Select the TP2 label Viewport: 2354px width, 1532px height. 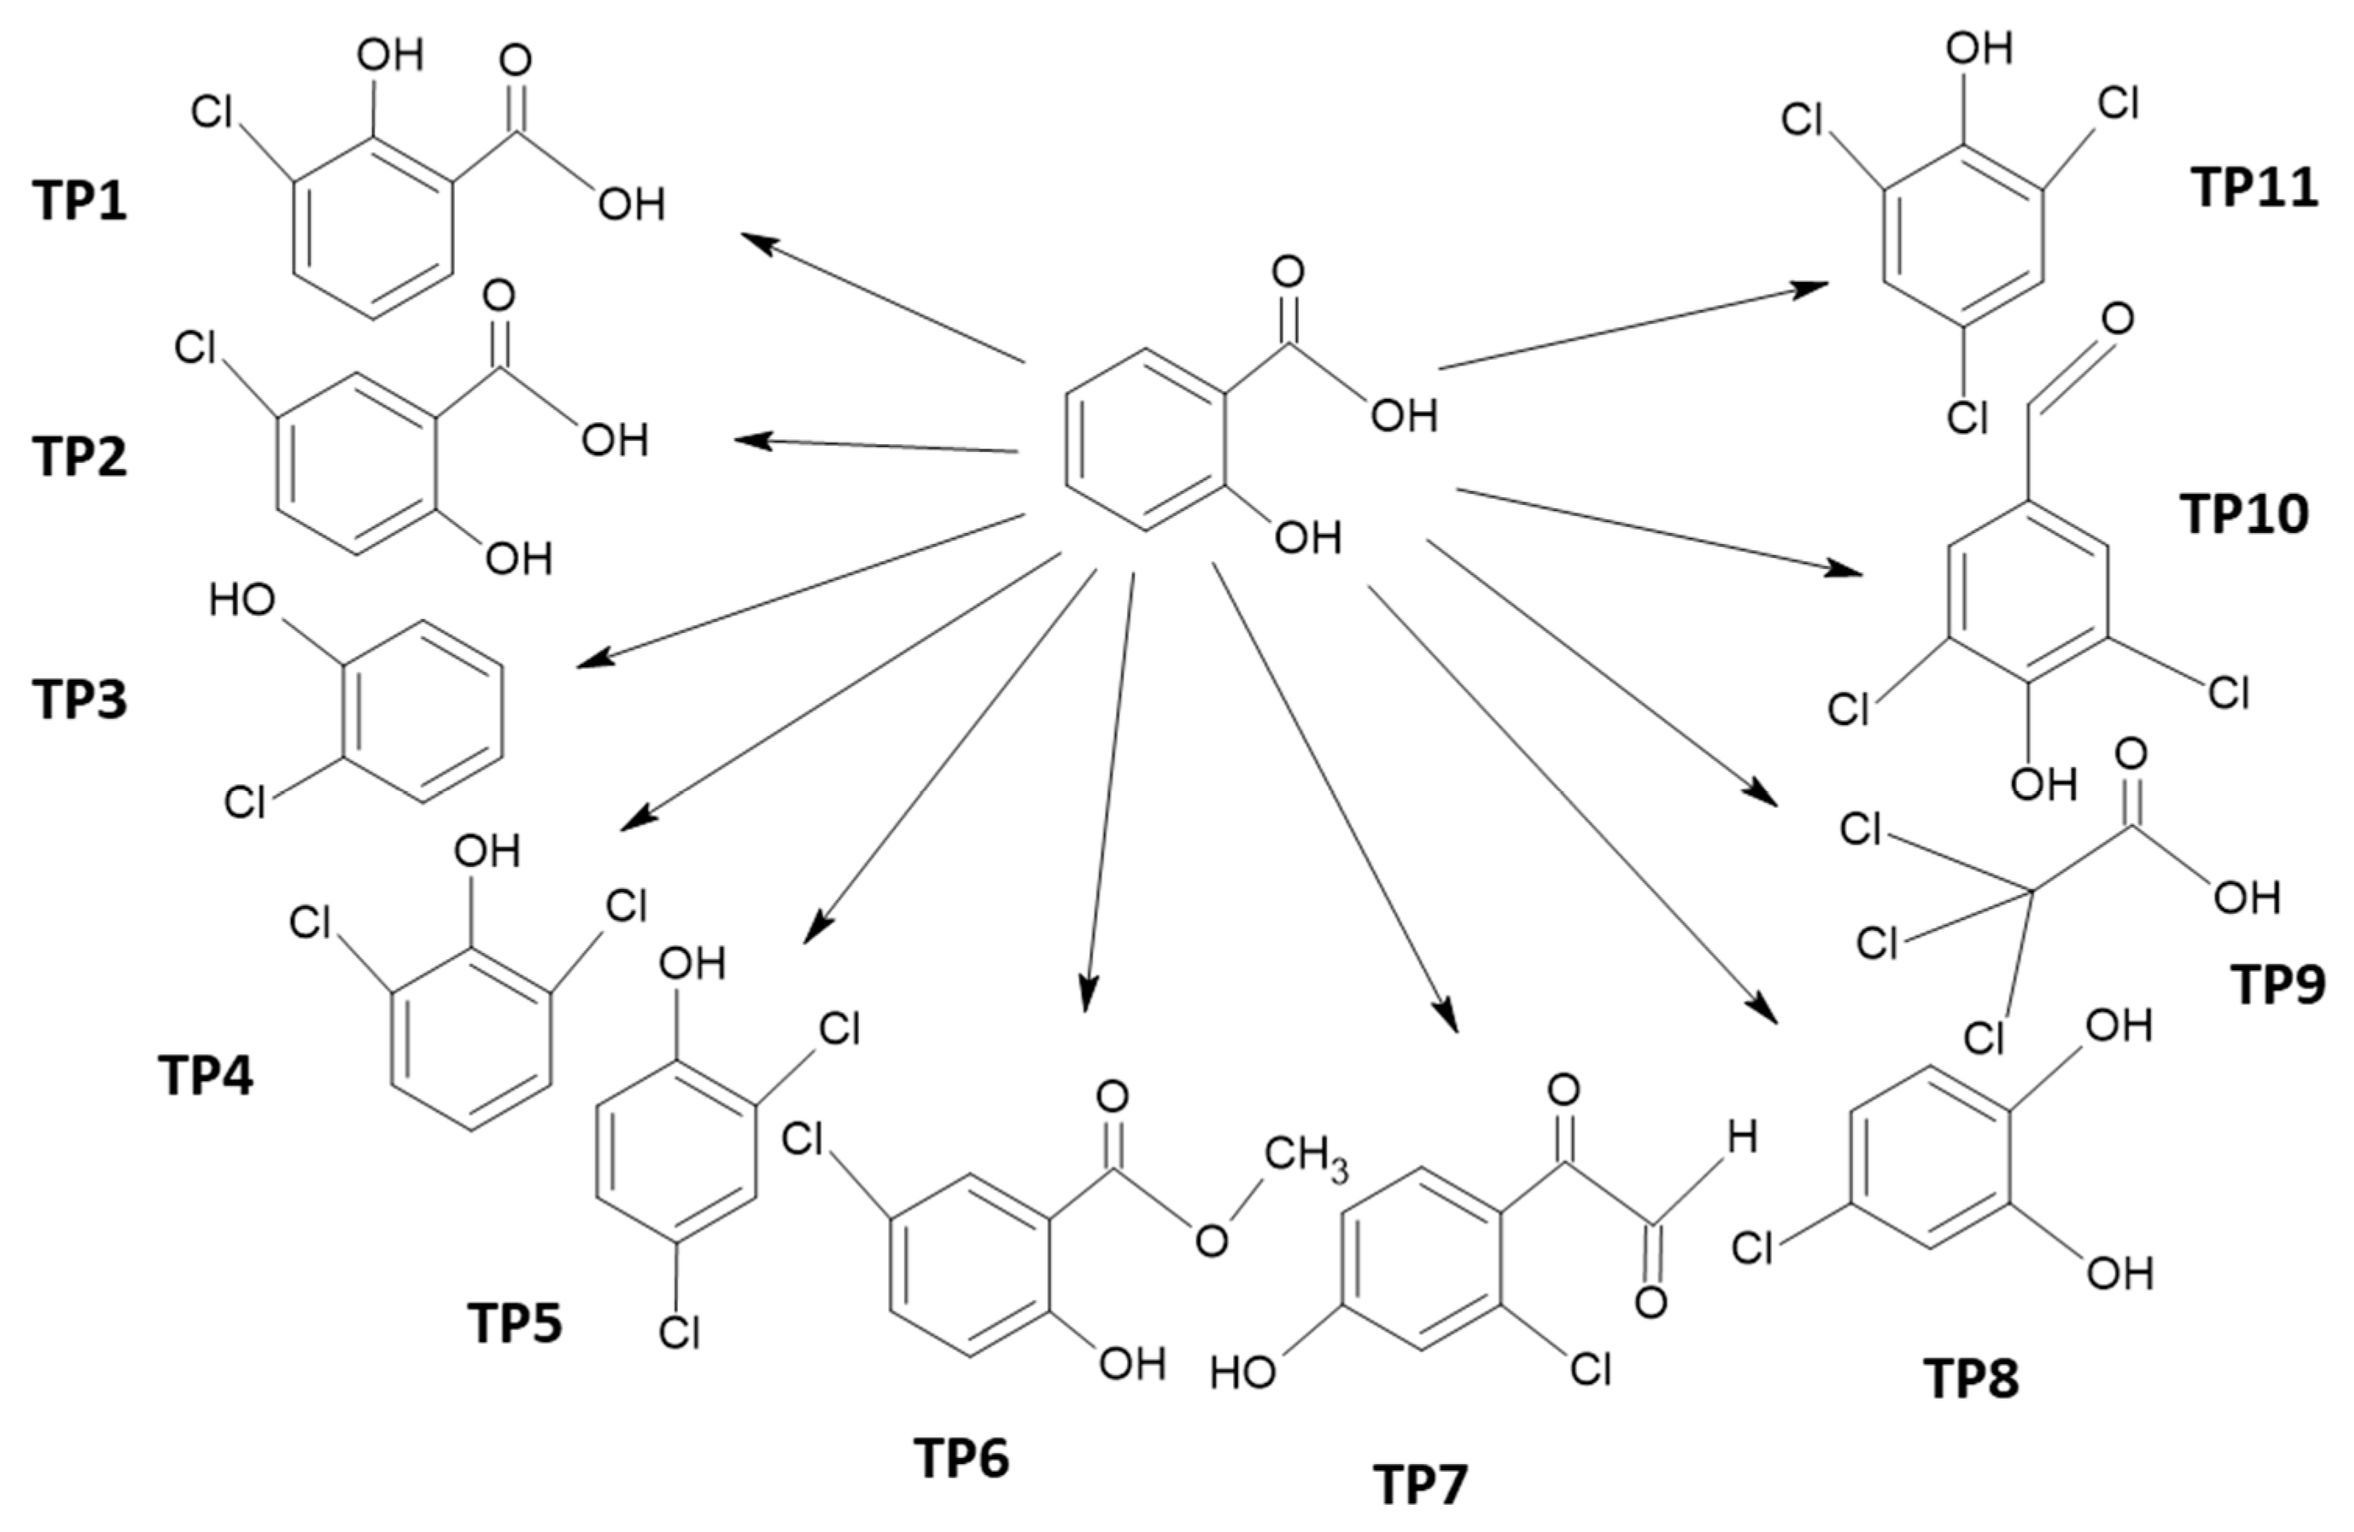point(81,457)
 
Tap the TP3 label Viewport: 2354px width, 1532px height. point(81,699)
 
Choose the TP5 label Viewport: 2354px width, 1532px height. point(515,1324)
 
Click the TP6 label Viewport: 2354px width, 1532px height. point(962,1458)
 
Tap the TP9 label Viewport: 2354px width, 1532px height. point(2278,984)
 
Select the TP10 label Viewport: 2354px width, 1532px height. point(2243,514)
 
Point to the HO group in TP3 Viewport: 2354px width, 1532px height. point(241,600)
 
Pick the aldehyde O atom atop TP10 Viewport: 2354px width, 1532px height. point(2117,319)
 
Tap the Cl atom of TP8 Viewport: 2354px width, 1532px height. point(1752,1248)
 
